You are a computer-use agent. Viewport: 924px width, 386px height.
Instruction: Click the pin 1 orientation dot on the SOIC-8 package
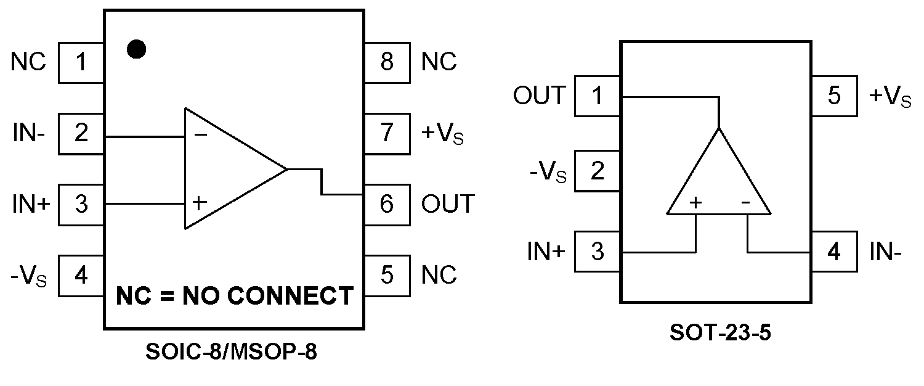click(136, 49)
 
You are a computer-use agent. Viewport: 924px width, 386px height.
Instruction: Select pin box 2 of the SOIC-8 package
click(81, 133)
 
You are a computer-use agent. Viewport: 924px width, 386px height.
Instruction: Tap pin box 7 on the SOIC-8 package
click(387, 133)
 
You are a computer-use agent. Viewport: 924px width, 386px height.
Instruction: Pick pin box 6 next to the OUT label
click(387, 203)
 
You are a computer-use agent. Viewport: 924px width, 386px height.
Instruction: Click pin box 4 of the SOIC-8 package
click(81, 274)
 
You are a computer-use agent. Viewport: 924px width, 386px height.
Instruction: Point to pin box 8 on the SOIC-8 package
click(387, 62)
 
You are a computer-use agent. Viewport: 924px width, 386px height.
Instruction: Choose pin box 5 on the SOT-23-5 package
click(834, 96)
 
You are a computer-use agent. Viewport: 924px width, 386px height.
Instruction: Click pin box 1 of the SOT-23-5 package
click(597, 96)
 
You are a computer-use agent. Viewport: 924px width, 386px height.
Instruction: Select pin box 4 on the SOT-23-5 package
click(834, 251)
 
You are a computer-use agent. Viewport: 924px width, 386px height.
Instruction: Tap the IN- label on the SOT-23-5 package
click(886, 251)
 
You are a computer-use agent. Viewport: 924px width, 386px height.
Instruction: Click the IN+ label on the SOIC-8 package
click(30, 203)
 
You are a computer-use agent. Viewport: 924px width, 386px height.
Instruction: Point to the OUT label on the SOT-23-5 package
click(539, 96)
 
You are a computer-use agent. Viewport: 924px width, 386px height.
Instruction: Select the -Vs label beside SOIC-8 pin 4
click(28, 276)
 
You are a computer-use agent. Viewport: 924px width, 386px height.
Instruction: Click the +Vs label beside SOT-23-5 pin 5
click(890, 97)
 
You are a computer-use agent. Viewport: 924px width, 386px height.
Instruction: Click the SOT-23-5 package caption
click(720, 333)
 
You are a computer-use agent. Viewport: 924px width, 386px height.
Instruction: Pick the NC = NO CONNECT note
click(235, 296)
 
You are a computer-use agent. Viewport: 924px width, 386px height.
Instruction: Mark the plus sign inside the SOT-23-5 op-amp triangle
click(696, 202)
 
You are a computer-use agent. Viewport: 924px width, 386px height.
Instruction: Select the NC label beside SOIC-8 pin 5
click(439, 274)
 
